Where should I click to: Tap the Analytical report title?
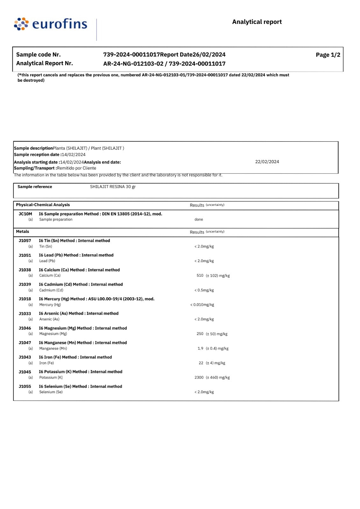(257, 22)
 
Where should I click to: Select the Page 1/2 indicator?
(328, 55)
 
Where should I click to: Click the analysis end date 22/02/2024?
(267, 162)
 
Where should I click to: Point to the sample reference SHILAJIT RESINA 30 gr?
(113, 187)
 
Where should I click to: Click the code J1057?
(25, 241)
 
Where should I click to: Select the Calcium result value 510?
(200, 275)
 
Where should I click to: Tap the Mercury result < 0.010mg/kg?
(202, 305)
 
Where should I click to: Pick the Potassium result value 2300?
(199, 378)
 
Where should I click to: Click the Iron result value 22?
(201, 363)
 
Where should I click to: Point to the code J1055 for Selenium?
(25, 387)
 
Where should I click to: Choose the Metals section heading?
(23, 232)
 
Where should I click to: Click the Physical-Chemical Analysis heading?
(43, 205)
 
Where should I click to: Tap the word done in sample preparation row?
(199, 220)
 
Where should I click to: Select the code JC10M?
(25, 214)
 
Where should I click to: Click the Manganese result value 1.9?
(200, 348)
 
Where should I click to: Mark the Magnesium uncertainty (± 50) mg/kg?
(216, 334)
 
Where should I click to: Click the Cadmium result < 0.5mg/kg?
(204, 290)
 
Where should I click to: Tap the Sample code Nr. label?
(39, 55)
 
